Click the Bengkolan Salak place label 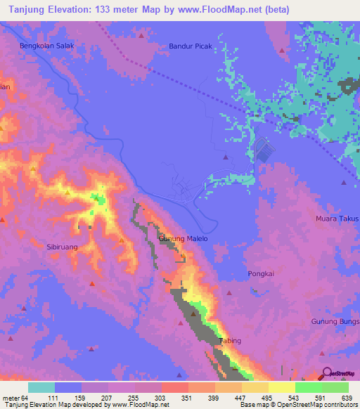tap(46, 46)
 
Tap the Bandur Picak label tap(191, 46)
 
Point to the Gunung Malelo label tap(184, 239)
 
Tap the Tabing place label tap(230, 341)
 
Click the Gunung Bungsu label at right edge tap(335, 321)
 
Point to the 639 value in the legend tap(345, 397)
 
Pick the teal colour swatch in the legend tap(41, 387)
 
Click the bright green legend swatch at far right tap(335, 387)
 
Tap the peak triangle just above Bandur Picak tap(141, 34)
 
